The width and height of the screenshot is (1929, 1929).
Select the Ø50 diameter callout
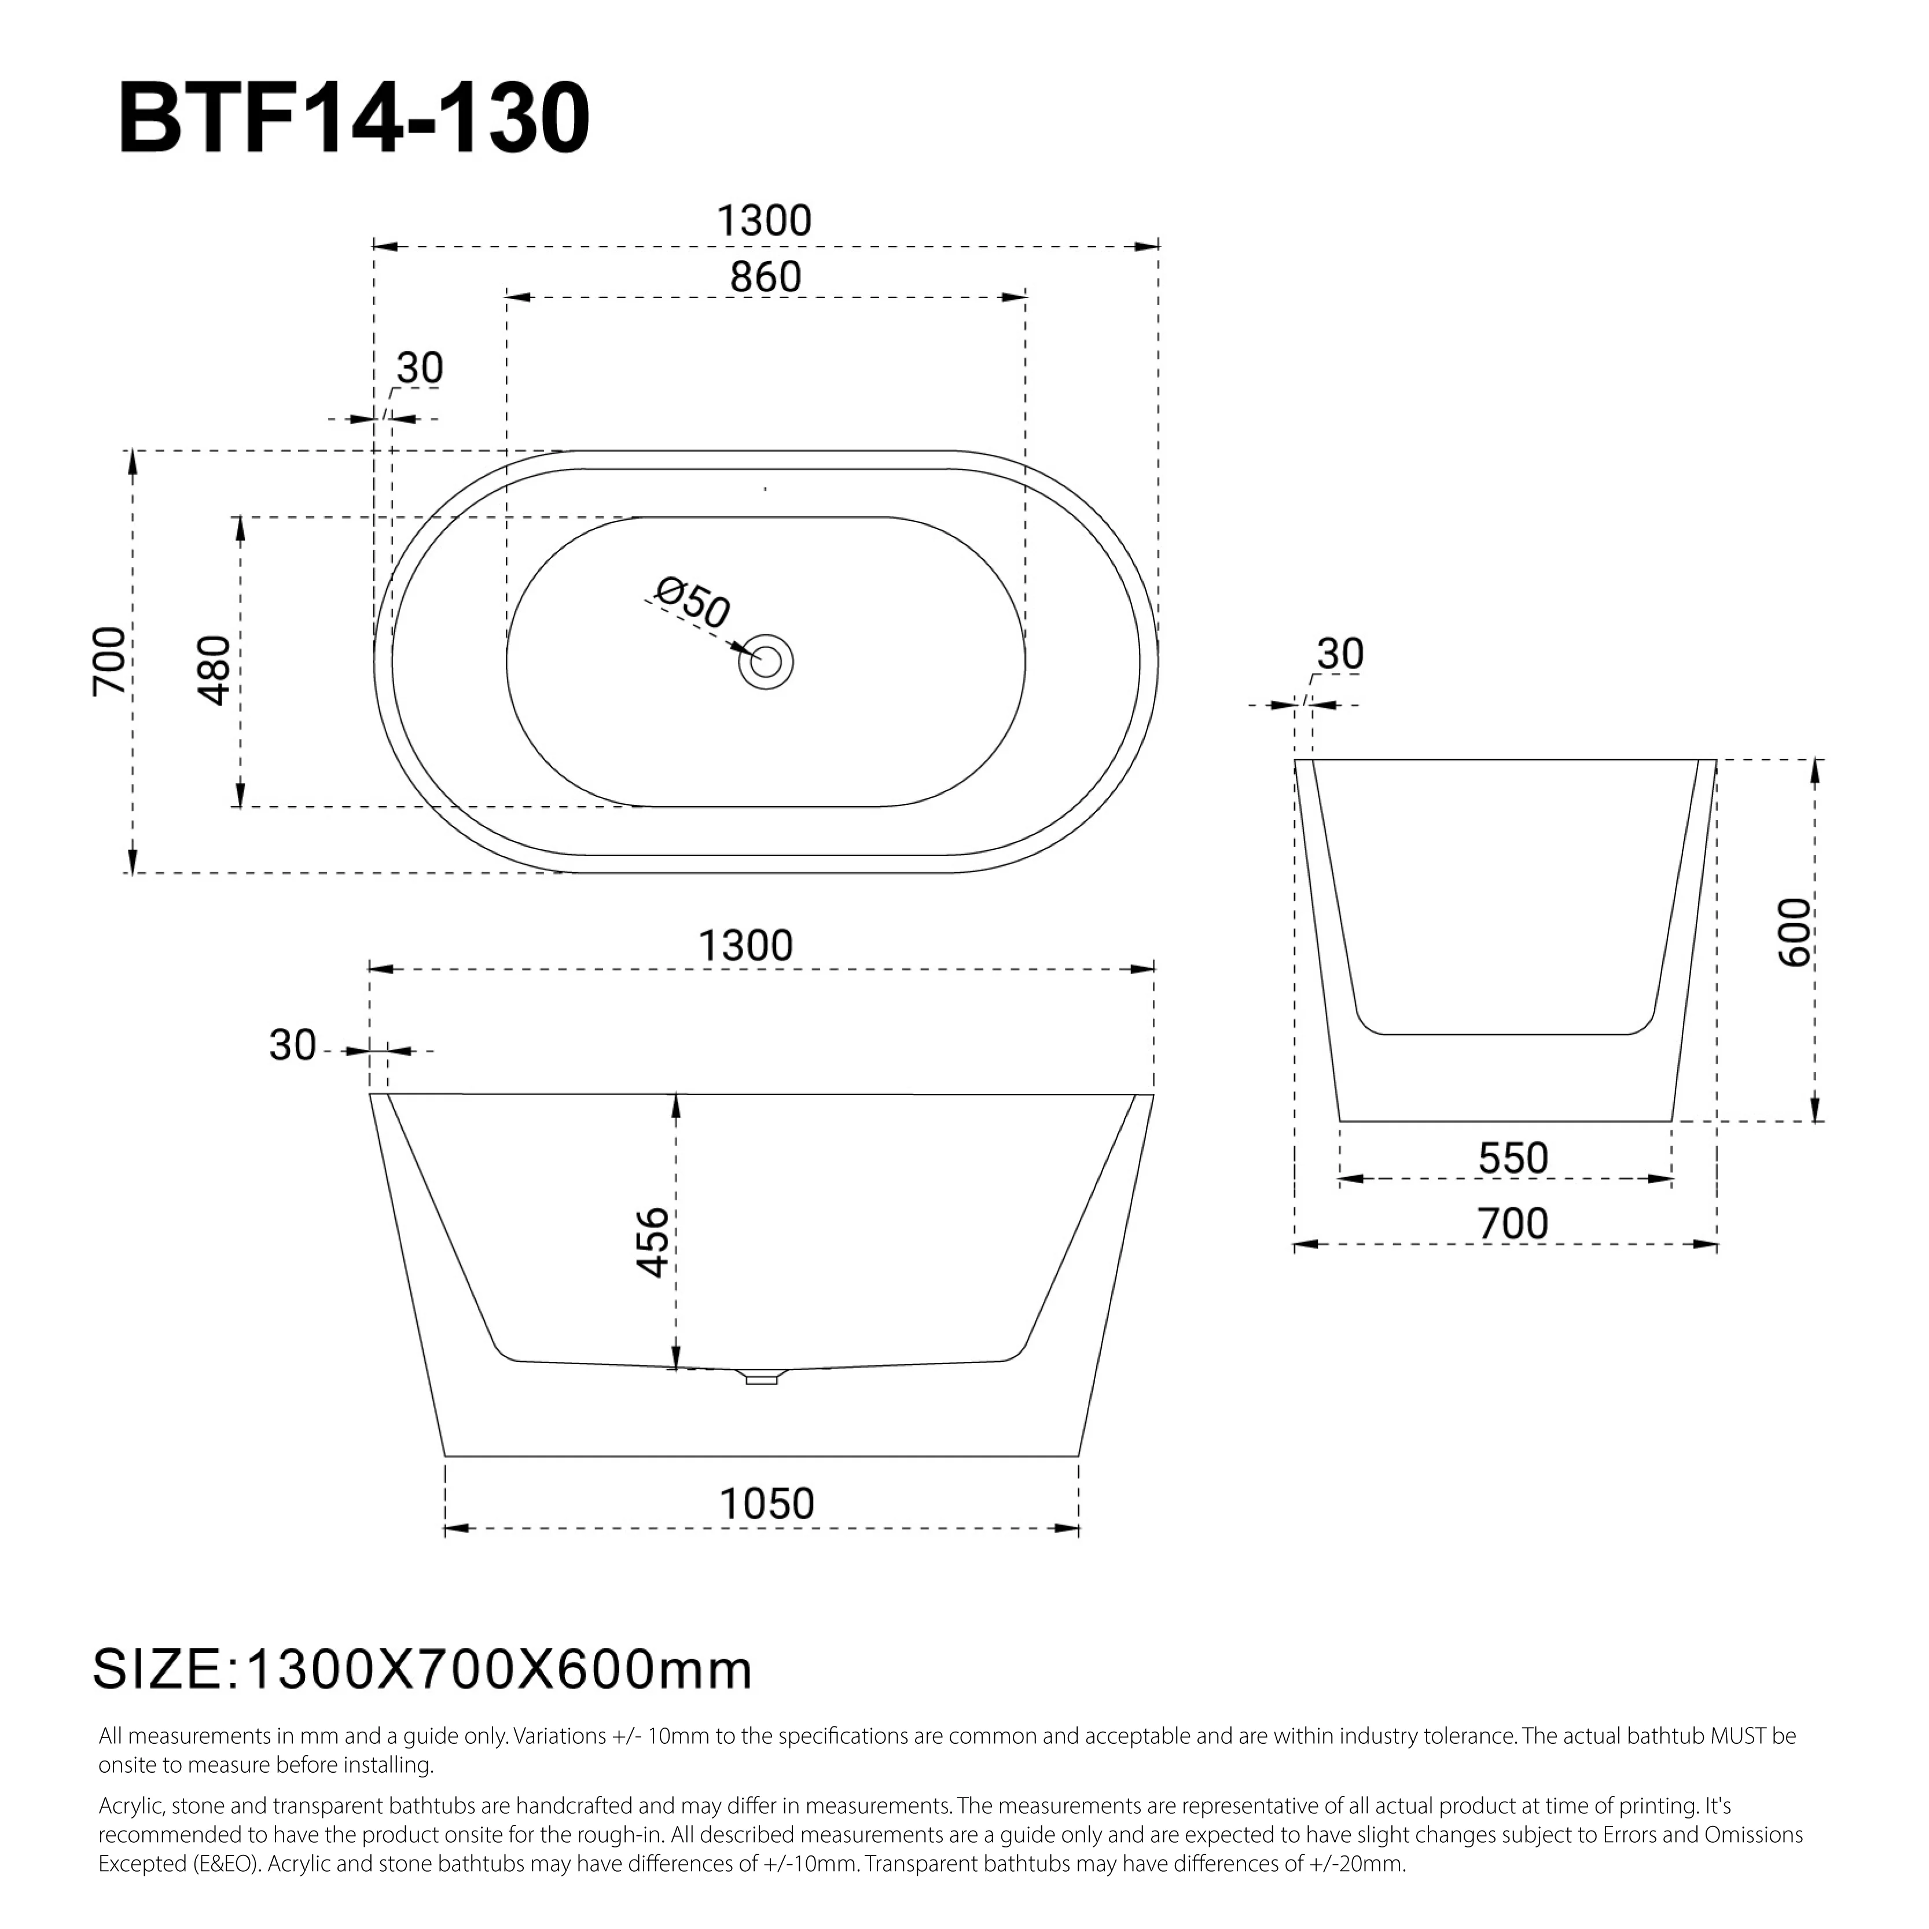pos(693,603)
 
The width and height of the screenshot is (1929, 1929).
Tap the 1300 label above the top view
pos(764,221)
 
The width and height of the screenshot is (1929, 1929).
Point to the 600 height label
pos(1794,932)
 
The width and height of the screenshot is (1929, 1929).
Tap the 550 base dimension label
pos(1513,1158)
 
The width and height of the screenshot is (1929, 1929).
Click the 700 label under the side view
pos(1513,1223)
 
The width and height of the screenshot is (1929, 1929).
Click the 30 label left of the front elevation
pos(292,1045)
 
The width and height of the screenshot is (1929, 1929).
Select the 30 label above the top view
pos(420,369)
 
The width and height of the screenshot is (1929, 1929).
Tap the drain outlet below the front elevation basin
pos(762,1378)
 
